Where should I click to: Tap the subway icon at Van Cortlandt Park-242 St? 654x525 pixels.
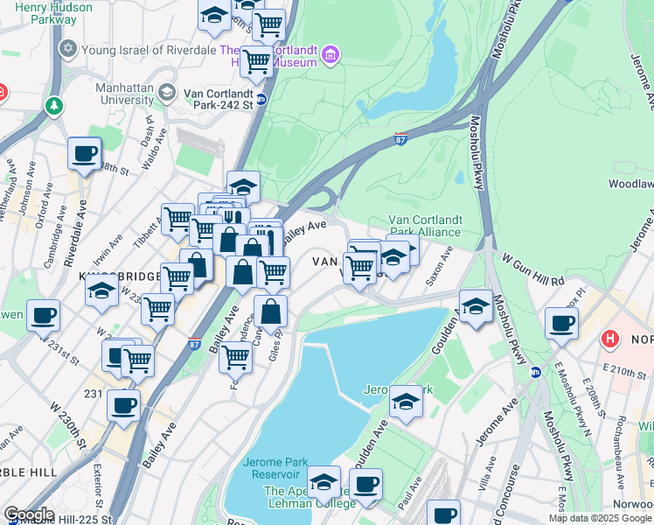(261, 99)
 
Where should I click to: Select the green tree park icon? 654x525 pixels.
(54, 106)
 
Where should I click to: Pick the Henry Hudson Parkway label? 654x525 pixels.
(47, 13)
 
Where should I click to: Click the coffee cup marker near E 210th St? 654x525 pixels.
(561, 324)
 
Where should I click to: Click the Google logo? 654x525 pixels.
(28, 514)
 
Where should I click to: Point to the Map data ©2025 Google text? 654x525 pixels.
(599, 518)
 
